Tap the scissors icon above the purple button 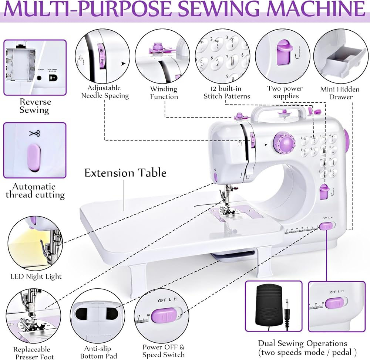[34, 133]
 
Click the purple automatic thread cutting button [34, 158]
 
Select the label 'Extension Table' [125, 173]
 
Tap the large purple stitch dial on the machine [283, 143]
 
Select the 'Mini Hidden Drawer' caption [336, 93]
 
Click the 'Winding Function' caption [164, 93]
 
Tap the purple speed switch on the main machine [326, 226]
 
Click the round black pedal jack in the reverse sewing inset [38, 78]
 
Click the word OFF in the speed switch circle [162, 300]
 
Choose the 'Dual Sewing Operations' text [302, 344]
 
